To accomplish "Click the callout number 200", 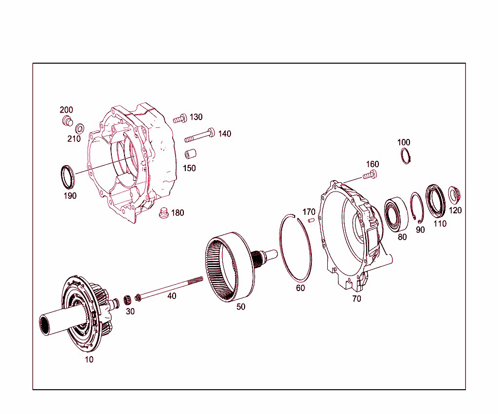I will click(66, 110).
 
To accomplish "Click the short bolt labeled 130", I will click(179, 118).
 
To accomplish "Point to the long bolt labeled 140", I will click(200, 136).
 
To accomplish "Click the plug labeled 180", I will click(164, 213).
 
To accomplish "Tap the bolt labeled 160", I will click(370, 175).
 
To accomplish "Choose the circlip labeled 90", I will click(416, 208).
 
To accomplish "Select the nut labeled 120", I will click(454, 194).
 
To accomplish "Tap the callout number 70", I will click(356, 299).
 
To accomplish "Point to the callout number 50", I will click(241, 307).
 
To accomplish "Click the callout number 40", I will click(172, 295).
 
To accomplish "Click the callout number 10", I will click(89, 360).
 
